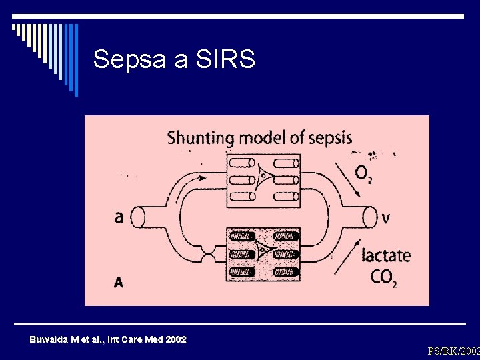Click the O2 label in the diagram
(x=364, y=175)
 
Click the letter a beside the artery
(x=118, y=217)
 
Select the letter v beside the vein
(x=387, y=217)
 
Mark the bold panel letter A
(x=118, y=283)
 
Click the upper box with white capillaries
(x=263, y=179)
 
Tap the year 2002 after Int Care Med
(x=175, y=340)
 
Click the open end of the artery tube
(x=138, y=217)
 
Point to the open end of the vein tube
(x=371, y=217)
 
